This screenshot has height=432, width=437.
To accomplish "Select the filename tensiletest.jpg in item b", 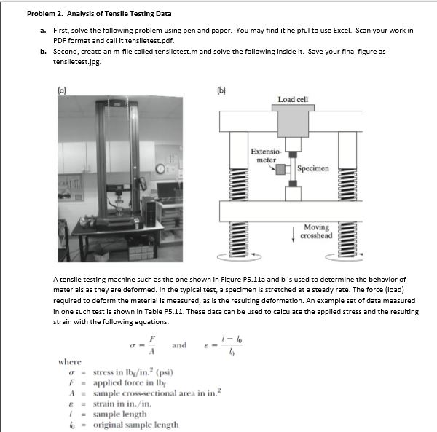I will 79,62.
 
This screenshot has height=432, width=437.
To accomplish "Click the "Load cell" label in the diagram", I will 293,99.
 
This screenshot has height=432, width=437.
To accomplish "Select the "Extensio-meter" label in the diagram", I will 264,156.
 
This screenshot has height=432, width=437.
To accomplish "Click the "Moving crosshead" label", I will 317,231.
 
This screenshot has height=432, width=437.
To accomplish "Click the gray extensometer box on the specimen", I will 280,170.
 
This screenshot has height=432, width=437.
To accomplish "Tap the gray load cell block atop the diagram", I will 292,120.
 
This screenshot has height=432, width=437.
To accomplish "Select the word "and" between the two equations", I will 179,345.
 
